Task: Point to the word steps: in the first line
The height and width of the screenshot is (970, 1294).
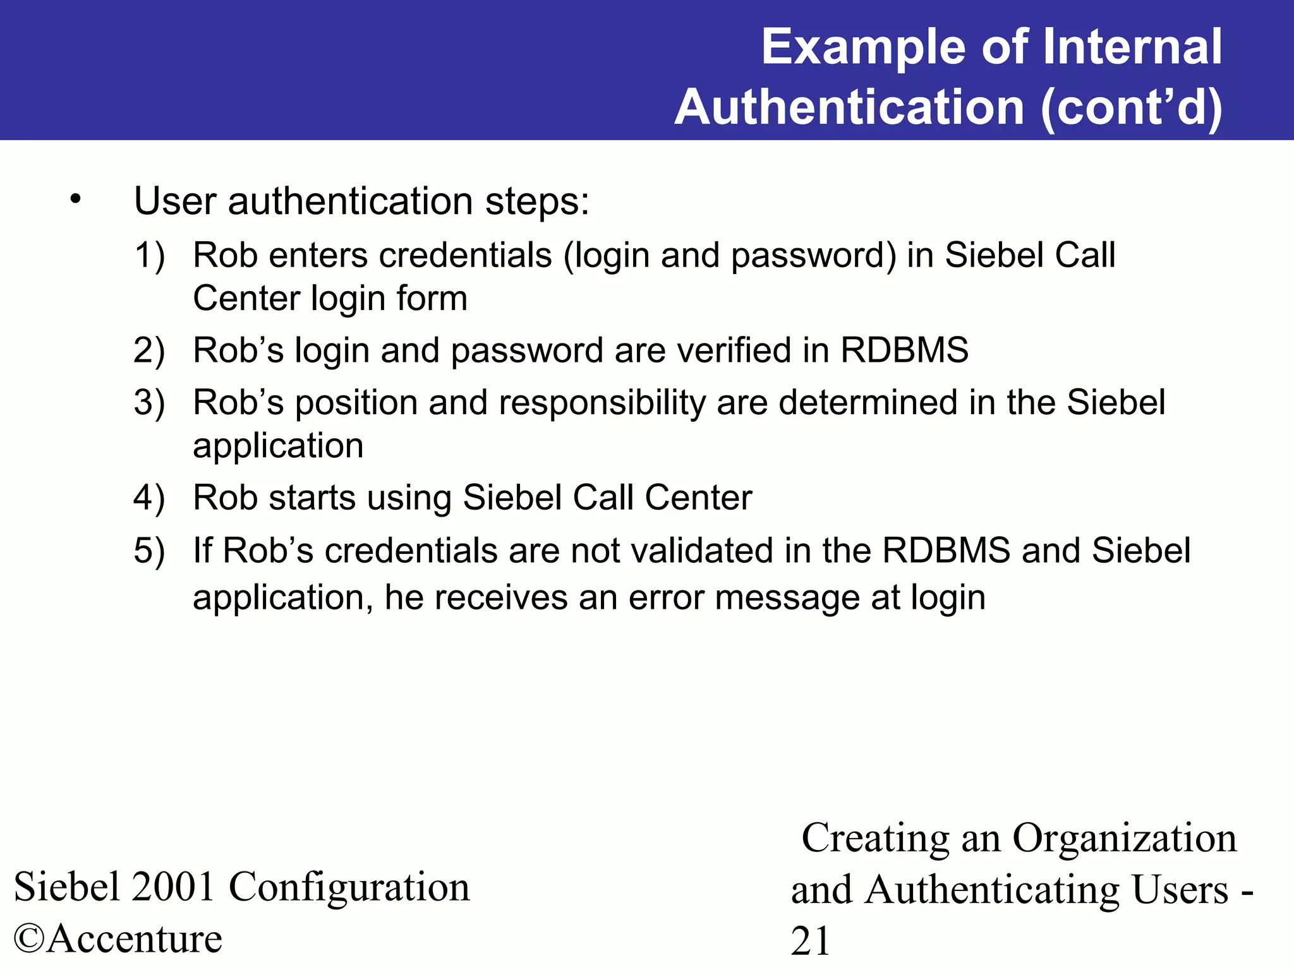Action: click(x=536, y=202)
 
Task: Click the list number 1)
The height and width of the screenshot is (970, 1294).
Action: click(x=149, y=256)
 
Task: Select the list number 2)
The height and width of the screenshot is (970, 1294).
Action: click(x=149, y=350)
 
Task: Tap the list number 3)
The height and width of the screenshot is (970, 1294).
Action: click(x=149, y=403)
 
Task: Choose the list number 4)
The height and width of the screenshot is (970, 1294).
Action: click(x=149, y=498)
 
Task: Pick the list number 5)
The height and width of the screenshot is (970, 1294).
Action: click(x=149, y=551)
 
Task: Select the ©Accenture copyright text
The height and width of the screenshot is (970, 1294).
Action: click(x=118, y=938)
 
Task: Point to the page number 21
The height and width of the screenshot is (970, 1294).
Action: click(x=810, y=942)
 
